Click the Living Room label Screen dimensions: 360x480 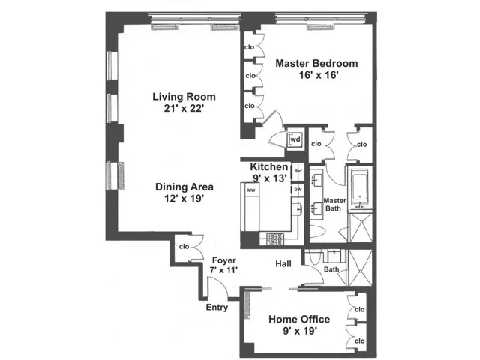coord(184,96)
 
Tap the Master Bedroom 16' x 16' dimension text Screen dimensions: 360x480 coord(316,76)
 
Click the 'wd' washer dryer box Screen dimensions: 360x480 coord(295,139)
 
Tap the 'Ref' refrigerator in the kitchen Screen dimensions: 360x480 coord(298,171)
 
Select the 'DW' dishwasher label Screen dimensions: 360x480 coord(298,189)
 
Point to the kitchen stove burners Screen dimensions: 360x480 coord(274,238)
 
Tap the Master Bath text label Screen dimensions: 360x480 coord(334,205)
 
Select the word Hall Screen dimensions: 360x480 coord(283,264)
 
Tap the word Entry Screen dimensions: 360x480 coord(217,306)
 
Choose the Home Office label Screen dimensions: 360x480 coord(300,319)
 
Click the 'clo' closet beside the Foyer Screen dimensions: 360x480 coord(184,245)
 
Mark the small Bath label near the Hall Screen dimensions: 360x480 coord(331,269)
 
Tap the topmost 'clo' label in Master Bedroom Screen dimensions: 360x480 coord(250,47)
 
